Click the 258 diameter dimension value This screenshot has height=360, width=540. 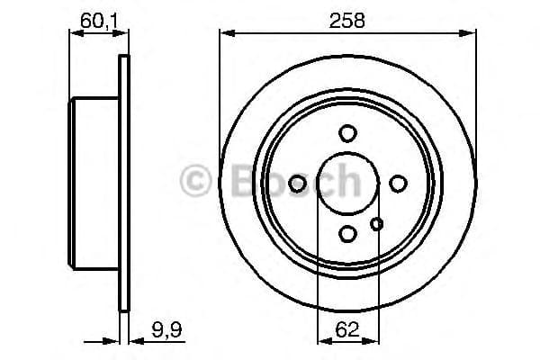click(x=347, y=20)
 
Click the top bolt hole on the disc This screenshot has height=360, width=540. click(x=347, y=133)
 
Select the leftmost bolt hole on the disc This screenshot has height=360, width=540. click(x=297, y=184)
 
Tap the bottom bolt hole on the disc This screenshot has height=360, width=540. click(x=347, y=234)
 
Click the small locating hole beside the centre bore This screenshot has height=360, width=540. click(x=377, y=223)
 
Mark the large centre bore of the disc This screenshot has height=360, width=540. click(x=347, y=184)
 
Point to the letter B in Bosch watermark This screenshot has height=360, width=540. click(x=234, y=180)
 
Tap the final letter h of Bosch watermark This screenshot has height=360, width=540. click(x=346, y=180)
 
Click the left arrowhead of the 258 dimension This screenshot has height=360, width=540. click(x=225, y=34)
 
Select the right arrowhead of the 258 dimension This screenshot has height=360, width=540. click(x=471, y=34)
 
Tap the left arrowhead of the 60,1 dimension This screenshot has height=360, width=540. click(x=74, y=34)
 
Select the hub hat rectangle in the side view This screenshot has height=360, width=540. click(x=94, y=184)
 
